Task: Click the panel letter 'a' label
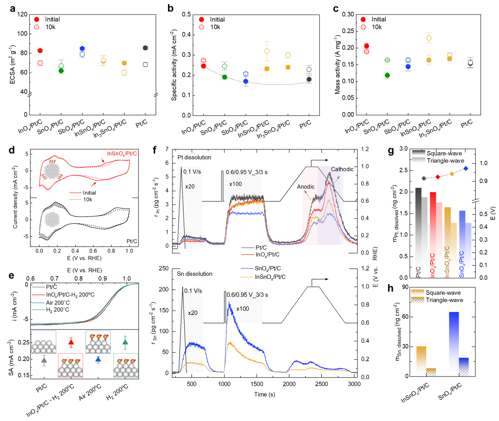click(x=12, y=8)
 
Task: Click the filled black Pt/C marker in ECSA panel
click(x=145, y=48)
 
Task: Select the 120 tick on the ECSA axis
click(x=22, y=15)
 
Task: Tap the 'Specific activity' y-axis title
click(x=174, y=65)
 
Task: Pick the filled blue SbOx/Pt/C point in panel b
click(x=246, y=81)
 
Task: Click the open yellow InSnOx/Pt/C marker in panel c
click(x=429, y=38)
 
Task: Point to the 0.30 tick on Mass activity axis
click(x=348, y=15)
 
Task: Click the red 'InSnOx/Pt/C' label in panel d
click(x=122, y=154)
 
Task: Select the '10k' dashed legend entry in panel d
click(x=87, y=200)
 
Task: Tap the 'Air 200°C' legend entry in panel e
click(x=58, y=302)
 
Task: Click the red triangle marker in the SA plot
click(x=71, y=342)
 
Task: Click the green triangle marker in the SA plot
click(x=125, y=342)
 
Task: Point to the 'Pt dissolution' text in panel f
click(x=194, y=157)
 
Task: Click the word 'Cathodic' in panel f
click(x=342, y=169)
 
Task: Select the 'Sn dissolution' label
click(x=195, y=274)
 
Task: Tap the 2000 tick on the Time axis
click(x=289, y=384)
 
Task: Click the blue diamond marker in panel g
click(x=466, y=168)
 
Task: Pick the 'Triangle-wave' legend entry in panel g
click(x=445, y=161)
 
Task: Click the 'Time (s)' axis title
click(x=265, y=394)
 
